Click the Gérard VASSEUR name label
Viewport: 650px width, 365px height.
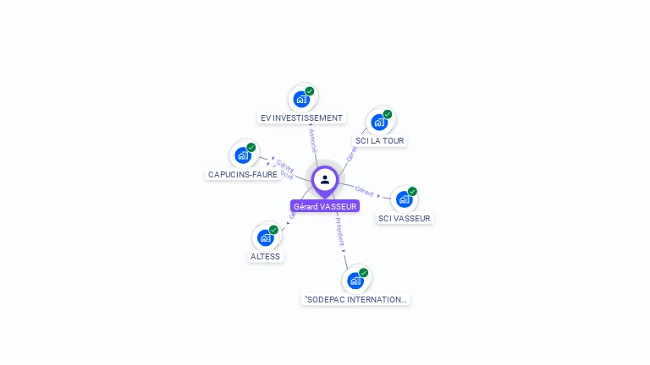click(325, 206)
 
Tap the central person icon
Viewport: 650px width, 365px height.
click(325, 179)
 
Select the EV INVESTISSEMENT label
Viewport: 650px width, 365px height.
click(301, 118)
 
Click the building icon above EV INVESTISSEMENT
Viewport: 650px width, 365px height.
click(301, 100)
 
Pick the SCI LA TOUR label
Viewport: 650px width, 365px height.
click(379, 141)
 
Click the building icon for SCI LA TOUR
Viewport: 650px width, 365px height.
click(379, 123)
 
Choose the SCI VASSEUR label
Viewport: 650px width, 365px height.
click(404, 218)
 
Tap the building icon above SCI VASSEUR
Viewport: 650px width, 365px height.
click(404, 199)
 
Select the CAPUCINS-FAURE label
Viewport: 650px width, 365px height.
click(243, 174)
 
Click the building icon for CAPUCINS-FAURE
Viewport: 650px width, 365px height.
click(243, 155)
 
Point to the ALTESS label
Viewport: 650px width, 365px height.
click(265, 256)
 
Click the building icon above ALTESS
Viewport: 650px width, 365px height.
click(265, 237)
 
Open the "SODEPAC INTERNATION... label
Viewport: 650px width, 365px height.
click(355, 299)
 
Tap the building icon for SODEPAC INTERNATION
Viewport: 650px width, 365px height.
click(355, 281)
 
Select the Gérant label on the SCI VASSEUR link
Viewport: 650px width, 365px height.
click(365, 191)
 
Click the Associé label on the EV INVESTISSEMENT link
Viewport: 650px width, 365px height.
click(312, 139)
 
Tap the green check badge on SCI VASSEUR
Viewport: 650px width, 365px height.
click(412, 191)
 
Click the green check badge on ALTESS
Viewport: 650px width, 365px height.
click(273, 229)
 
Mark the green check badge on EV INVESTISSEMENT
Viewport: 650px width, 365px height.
click(310, 91)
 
